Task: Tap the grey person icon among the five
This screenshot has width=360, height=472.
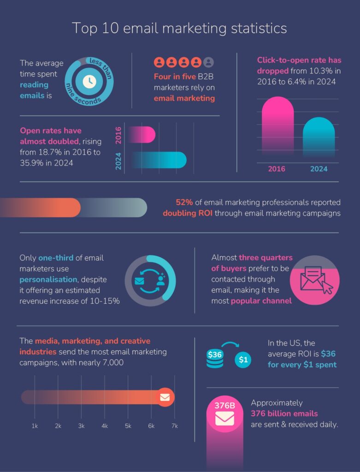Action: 209,62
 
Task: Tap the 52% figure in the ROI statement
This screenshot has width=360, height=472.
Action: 184,202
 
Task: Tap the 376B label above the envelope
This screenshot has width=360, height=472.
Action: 225,406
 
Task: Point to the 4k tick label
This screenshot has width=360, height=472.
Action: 105,426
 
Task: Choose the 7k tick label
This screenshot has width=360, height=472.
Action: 174,426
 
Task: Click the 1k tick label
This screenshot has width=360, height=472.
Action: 35,426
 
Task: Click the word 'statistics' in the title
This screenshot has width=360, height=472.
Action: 252,28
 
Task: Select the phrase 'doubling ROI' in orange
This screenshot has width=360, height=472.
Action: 187,213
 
